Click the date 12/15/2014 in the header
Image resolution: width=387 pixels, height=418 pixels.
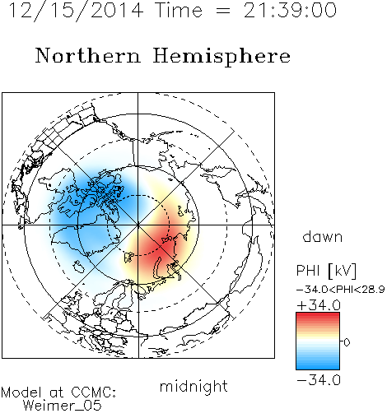[76, 11]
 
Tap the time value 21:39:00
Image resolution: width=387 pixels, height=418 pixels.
[290, 11]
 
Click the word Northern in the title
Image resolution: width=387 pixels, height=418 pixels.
[88, 55]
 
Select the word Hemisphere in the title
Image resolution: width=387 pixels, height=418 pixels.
[221, 57]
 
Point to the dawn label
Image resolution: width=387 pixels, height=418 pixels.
[323, 236]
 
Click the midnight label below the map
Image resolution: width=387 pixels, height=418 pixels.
[193, 387]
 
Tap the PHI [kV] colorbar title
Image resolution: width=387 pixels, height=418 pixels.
[326, 271]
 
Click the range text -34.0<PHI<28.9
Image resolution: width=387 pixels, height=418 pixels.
[341, 290]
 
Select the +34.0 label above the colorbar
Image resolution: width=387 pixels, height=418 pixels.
[319, 305]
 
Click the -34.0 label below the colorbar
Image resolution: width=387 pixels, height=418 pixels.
[319, 380]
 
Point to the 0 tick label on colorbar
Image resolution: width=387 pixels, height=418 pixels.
[347, 342]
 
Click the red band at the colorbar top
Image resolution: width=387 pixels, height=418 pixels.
[318, 316]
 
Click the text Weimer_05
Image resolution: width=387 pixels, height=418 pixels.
[63, 405]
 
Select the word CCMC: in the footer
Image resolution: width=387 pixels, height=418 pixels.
[94, 392]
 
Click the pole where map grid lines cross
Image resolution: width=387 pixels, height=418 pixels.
[138, 225]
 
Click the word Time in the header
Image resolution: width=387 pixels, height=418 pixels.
[179, 11]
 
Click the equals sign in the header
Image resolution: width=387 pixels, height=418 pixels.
[222, 11]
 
